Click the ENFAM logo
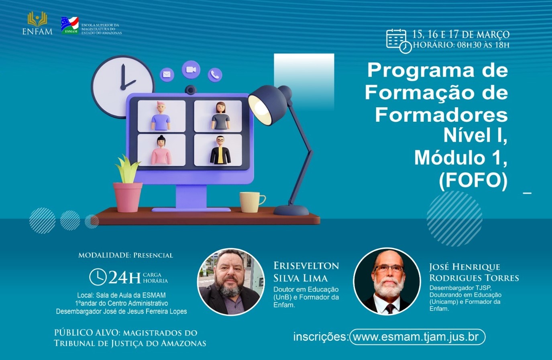click(x=37, y=23)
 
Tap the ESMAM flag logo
click(x=70, y=25)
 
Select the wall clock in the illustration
click(x=122, y=87)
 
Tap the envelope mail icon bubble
click(x=167, y=74)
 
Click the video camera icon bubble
click(x=191, y=70)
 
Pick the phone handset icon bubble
click(x=215, y=75)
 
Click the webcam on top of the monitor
click(x=190, y=90)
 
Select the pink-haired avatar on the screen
click(x=161, y=116)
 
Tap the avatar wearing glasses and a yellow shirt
click(x=220, y=150)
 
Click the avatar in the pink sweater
click(x=161, y=150)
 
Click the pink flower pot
click(x=128, y=197)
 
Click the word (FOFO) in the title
click(x=473, y=181)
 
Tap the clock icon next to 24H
click(x=98, y=277)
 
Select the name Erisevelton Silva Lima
click(x=306, y=272)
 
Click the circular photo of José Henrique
click(x=387, y=281)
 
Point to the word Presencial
click(x=153, y=255)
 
